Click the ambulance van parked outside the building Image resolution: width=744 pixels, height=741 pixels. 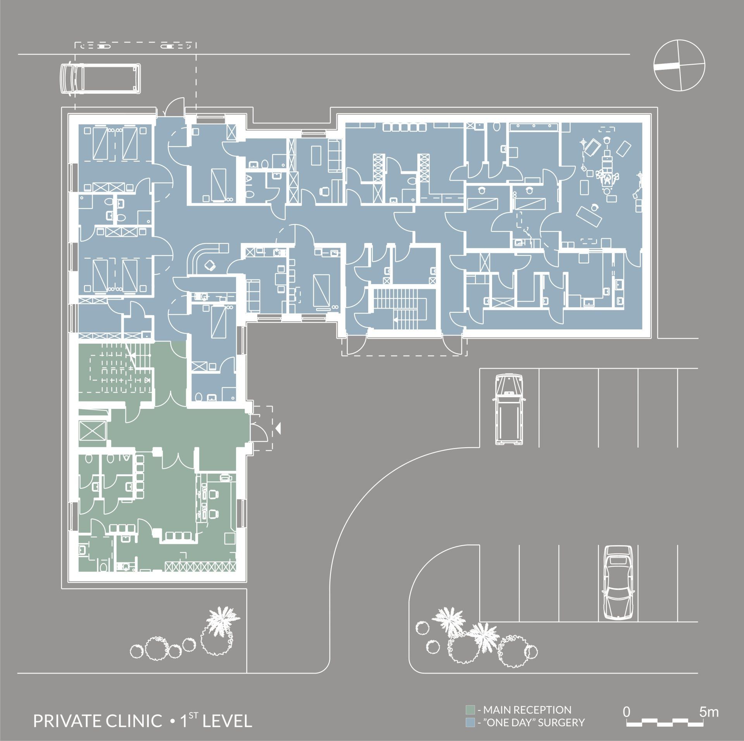coord(100,80)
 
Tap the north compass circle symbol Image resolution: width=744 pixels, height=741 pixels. coord(679,65)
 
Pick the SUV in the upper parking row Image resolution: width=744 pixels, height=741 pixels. coord(508,408)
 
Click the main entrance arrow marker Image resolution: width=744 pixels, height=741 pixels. coord(278,427)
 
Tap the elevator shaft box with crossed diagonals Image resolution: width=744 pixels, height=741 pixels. coord(92,430)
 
